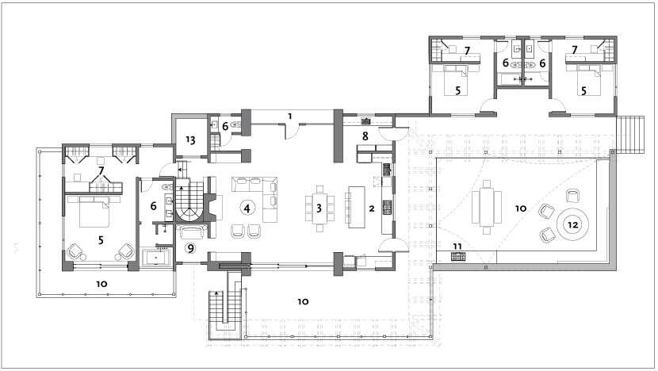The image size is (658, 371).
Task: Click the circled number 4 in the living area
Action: pos(247,208)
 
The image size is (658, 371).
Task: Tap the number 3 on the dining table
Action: pos(319,208)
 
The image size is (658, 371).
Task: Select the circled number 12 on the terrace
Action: pos(573,225)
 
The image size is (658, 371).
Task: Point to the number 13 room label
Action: pos(190,140)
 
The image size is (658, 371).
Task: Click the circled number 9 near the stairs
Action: pos(190,248)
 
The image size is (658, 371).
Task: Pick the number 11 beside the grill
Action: pos(457,247)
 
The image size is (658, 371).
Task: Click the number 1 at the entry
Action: pos(290,117)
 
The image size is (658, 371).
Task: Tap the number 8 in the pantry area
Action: pos(365,136)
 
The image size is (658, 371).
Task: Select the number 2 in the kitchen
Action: pos(371,208)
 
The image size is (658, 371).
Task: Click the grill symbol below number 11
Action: pos(457,256)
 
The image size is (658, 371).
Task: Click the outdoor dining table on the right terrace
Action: pos(487,207)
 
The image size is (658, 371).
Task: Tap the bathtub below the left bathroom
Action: pos(157,258)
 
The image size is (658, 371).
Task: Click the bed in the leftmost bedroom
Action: pos(94,211)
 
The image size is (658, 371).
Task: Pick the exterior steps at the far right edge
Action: pos(630,132)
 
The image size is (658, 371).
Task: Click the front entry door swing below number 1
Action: pos(292,132)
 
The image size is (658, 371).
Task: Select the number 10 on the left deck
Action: pos(101,284)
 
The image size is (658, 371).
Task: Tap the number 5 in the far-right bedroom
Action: pos(583,90)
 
